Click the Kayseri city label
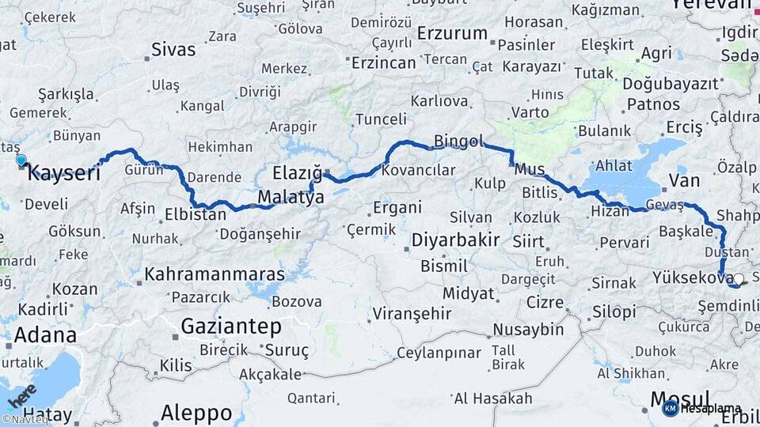(64, 172)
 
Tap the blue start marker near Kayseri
(21, 161)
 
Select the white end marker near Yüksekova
(739, 278)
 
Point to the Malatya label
(291, 197)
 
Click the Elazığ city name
(297, 172)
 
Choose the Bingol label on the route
(458, 142)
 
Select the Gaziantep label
(231, 326)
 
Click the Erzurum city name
(452, 33)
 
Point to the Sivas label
(173, 50)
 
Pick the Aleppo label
(196, 412)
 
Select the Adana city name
(45, 334)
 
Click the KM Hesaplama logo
(701, 409)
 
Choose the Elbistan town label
(196, 213)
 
